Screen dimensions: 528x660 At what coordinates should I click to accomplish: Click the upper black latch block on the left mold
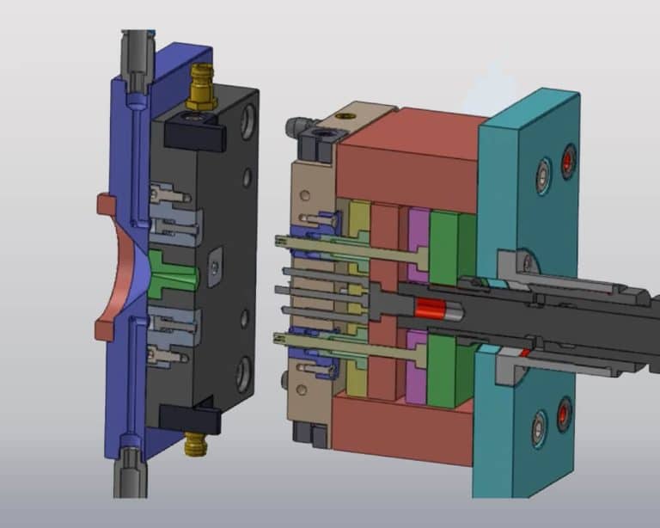tap(197, 130)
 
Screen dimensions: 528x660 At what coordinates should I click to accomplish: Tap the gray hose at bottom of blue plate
tap(131, 473)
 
